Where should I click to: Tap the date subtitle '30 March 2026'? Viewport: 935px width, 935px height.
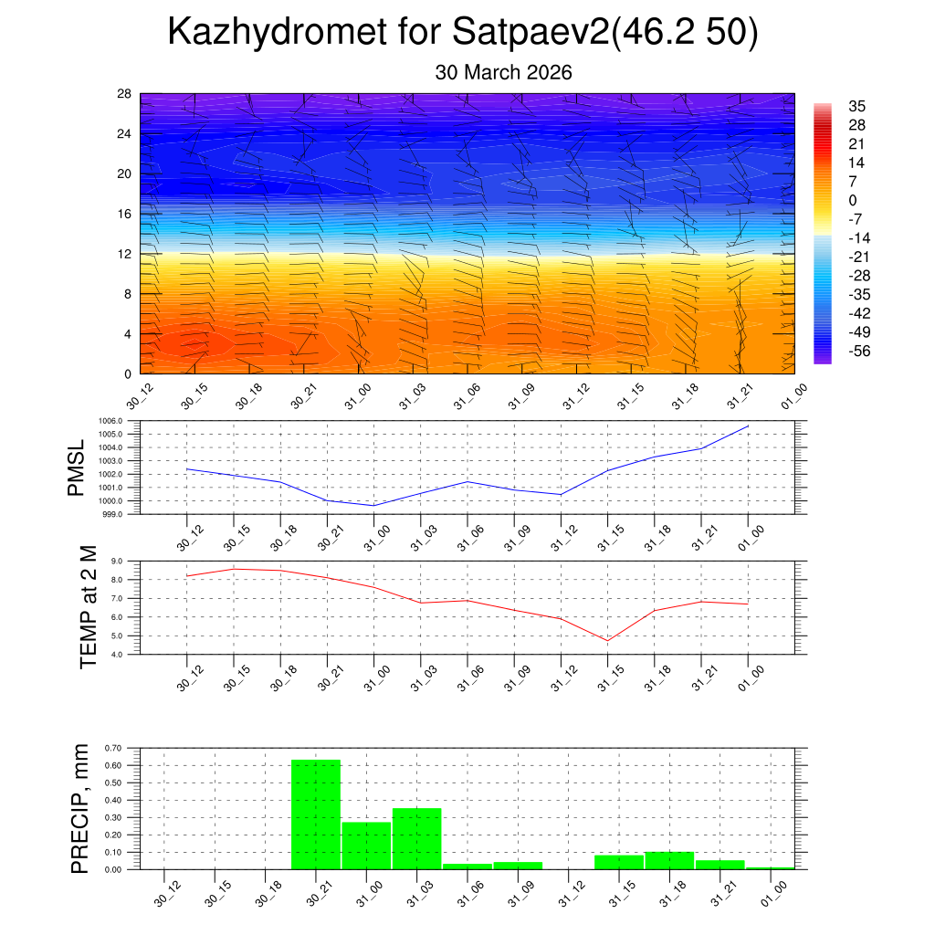click(x=503, y=72)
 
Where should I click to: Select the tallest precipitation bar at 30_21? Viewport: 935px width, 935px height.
click(x=316, y=814)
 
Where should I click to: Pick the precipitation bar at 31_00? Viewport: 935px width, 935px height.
click(x=366, y=846)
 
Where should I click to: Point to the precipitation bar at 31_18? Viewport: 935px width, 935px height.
click(x=669, y=860)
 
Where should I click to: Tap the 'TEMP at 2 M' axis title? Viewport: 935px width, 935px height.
click(x=88, y=606)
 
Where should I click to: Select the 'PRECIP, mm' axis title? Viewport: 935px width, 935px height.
click(x=80, y=808)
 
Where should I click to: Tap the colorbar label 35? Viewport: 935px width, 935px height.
click(x=856, y=106)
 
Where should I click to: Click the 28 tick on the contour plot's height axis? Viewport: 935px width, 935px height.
click(x=124, y=94)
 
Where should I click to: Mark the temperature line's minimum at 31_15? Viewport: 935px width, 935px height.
click(x=607, y=640)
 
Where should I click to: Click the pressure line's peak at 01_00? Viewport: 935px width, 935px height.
click(x=748, y=425)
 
